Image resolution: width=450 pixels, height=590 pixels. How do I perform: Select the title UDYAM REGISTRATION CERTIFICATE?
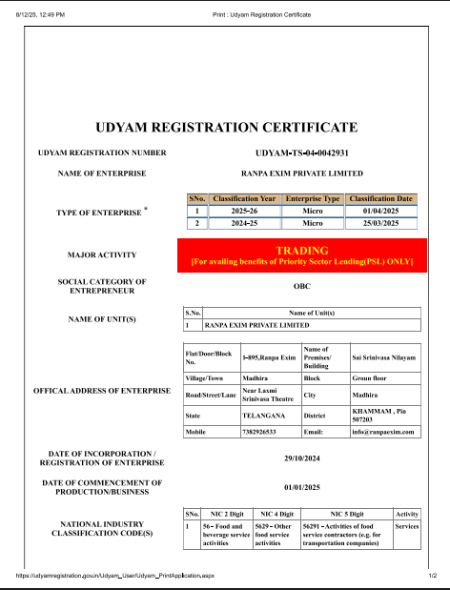coord(225,127)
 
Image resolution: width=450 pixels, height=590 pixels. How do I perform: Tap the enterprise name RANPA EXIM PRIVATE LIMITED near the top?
coord(302,173)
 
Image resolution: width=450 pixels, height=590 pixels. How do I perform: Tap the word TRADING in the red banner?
coord(301,249)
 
